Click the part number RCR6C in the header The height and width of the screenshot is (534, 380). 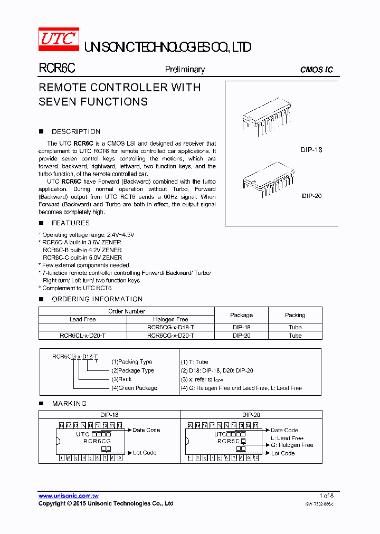(x=57, y=69)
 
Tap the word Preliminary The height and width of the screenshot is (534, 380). (x=185, y=69)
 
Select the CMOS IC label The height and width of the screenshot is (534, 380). (x=316, y=70)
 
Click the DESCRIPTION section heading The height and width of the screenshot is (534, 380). (x=75, y=132)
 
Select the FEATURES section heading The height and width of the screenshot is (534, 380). (x=70, y=223)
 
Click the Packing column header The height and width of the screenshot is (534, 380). (x=295, y=315)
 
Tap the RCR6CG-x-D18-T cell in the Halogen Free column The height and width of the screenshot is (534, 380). (x=170, y=327)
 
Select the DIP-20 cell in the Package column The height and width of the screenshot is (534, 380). (x=241, y=336)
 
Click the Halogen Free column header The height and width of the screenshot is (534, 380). (x=170, y=319)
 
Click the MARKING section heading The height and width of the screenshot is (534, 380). (x=69, y=404)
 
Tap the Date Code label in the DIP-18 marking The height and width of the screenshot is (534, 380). (x=146, y=430)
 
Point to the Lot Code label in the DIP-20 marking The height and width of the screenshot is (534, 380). (x=282, y=453)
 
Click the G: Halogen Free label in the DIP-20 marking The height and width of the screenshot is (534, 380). (x=292, y=445)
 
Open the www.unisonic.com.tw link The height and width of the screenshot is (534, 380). (x=69, y=496)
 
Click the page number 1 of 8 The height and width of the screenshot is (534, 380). (x=327, y=495)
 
